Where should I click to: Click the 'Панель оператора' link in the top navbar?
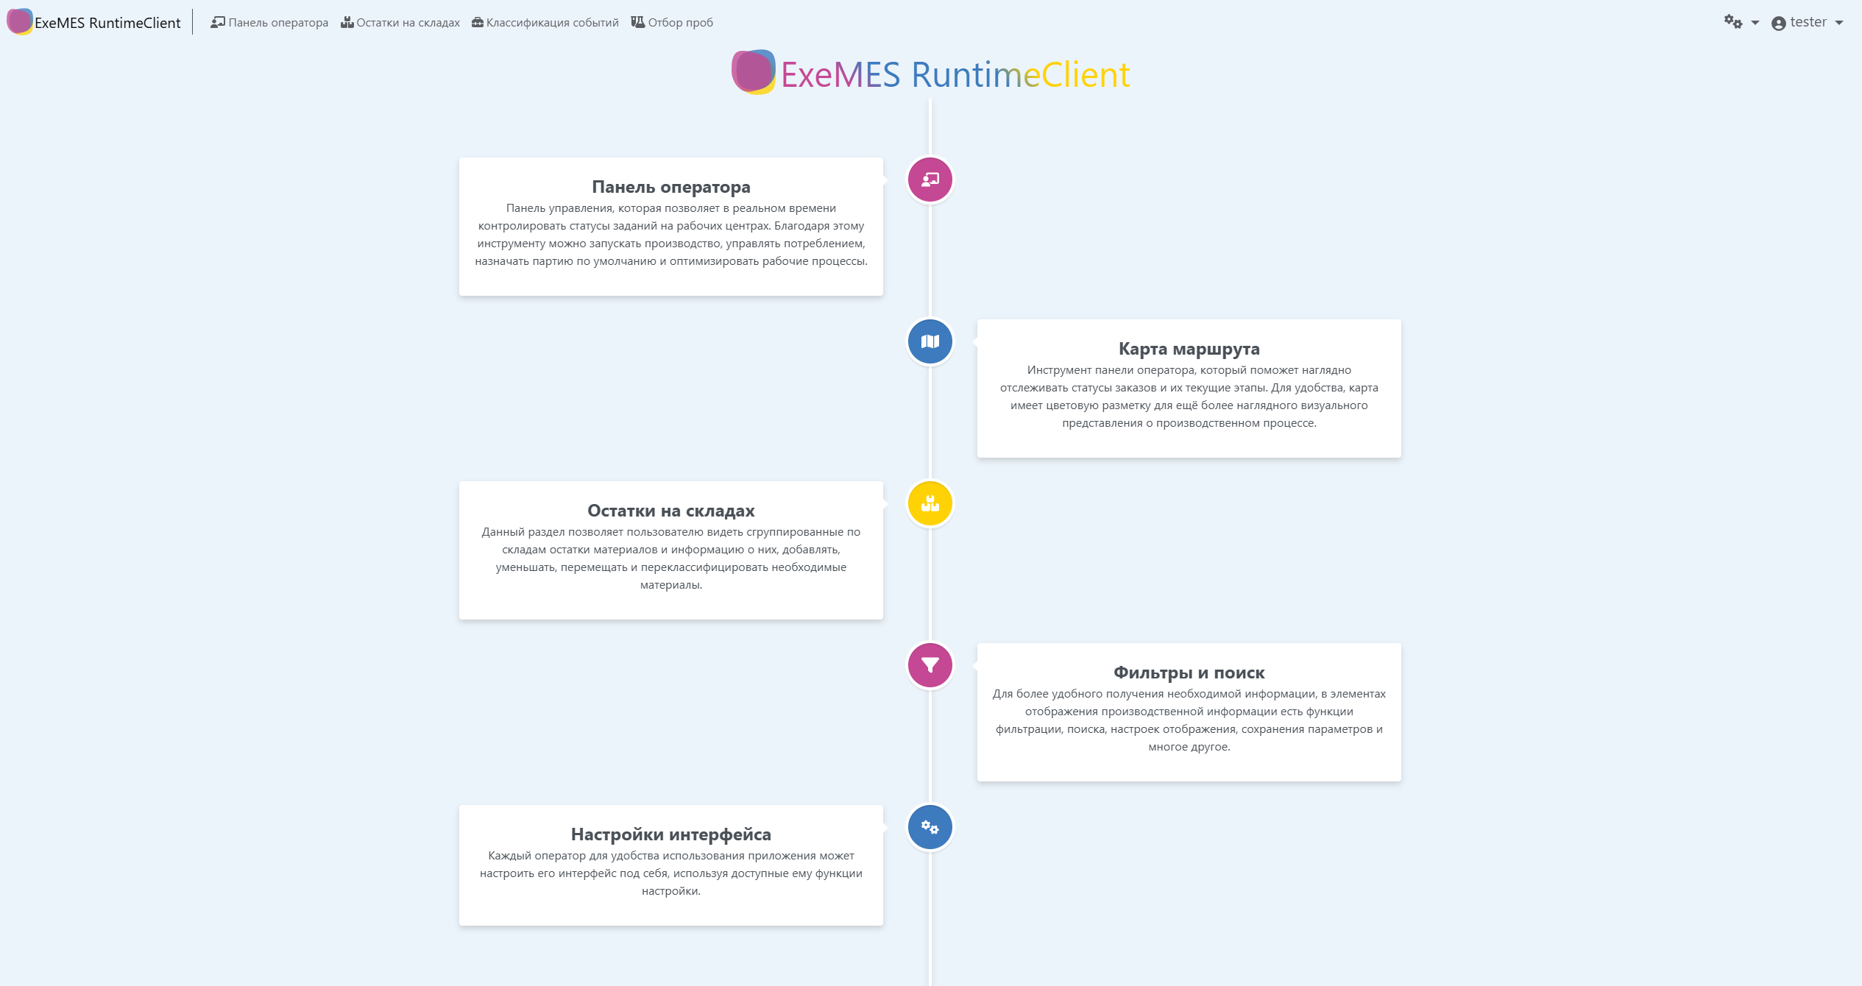point(270,23)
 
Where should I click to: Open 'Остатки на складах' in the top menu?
point(400,23)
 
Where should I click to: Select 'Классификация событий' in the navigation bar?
point(545,23)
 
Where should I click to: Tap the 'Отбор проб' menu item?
point(672,23)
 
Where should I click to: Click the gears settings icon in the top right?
point(1734,22)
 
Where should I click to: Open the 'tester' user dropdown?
point(1807,23)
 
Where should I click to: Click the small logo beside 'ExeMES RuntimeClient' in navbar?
point(19,21)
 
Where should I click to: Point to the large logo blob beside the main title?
point(753,72)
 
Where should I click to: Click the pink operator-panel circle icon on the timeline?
point(930,180)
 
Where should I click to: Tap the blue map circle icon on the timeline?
point(930,341)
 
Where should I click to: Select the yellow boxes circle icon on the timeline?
point(930,503)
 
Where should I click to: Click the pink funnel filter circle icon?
point(930,665)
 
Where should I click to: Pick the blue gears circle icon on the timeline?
point(930,827)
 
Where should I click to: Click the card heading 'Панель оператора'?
point(670,187)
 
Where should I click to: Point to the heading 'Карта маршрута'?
point(1189,349)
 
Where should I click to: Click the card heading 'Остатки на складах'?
point(670,511)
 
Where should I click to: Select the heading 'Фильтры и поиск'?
point(1189,673)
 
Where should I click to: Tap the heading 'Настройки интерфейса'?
point(670,834)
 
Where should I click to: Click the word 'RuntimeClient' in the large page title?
point(1020,75)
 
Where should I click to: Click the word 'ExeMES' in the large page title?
point(840,75)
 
